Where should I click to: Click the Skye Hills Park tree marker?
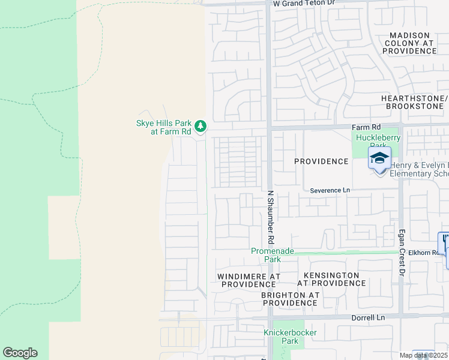[200, 126]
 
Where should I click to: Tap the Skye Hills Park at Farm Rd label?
[163, 127]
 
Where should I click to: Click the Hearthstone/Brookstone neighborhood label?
[414, 102]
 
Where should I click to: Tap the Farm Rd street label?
[366, 128]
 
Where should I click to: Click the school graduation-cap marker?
[379, 158]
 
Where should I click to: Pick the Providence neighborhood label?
[321, 161]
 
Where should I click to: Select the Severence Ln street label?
[330, 190]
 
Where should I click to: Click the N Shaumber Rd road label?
[271, 217]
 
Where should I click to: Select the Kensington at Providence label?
[328, 279]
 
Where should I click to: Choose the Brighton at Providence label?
[291, 299]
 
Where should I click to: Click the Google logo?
[20, 353]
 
